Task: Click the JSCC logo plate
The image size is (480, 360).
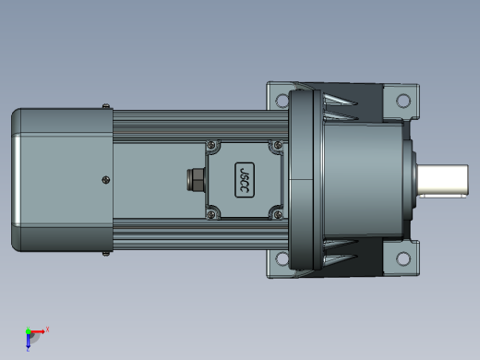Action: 245,180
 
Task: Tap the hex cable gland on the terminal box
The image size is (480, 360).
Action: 196,179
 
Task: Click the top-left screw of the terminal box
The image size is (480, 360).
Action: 211,145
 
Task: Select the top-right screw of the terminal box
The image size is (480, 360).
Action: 278,145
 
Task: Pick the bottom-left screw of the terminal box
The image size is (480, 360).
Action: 211,214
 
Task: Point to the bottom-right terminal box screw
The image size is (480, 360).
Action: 278,214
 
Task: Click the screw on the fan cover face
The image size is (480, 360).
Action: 106,180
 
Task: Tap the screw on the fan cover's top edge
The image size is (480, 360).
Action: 105,106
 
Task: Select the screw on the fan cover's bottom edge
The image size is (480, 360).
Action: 105,254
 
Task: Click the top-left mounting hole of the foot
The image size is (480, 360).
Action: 282,101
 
